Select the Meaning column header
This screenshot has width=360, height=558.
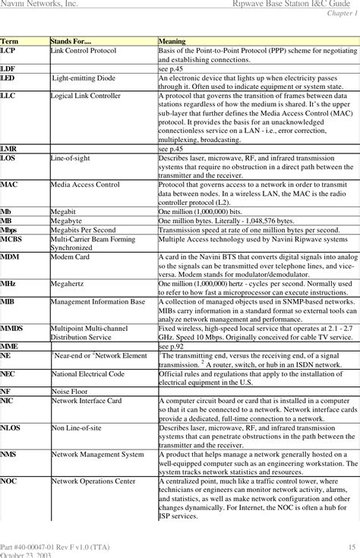(173, 39)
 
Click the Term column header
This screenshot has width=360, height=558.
(10, 39)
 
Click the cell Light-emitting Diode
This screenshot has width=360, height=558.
(84, 78)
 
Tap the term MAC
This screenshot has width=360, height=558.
(9, 184)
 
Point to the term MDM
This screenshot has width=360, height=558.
(10, 257)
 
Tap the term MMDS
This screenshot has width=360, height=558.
(11, 328)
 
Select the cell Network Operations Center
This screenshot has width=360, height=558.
(93, 481)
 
